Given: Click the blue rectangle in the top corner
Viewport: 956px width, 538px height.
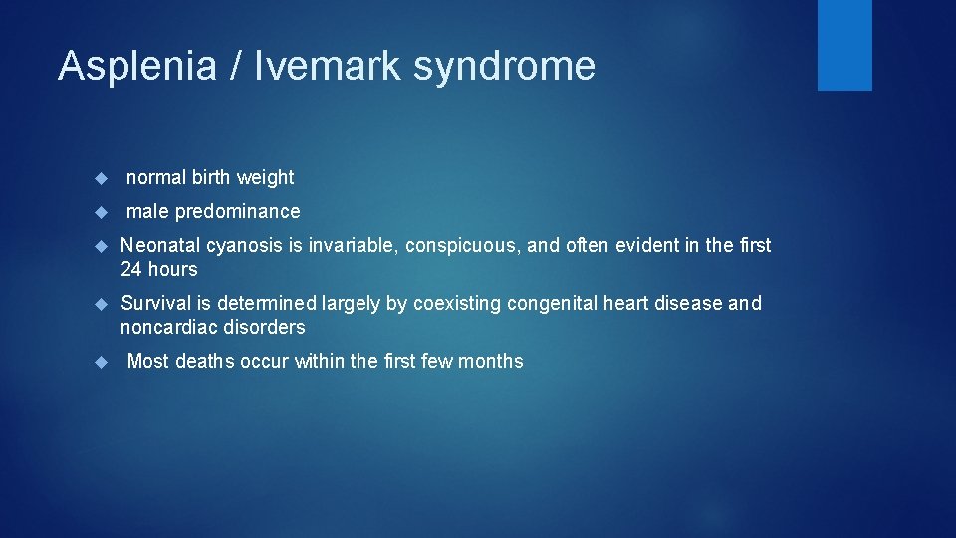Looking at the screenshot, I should [844, 45].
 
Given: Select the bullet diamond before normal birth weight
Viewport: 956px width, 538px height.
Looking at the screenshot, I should [100, 178].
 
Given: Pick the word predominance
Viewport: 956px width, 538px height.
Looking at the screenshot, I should [237, 211].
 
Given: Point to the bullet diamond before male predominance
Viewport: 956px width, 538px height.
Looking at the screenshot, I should [100, 212].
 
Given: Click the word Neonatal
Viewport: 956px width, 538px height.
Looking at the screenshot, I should [160, 245].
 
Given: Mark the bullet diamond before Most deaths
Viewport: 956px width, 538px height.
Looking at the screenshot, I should [100, 362].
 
